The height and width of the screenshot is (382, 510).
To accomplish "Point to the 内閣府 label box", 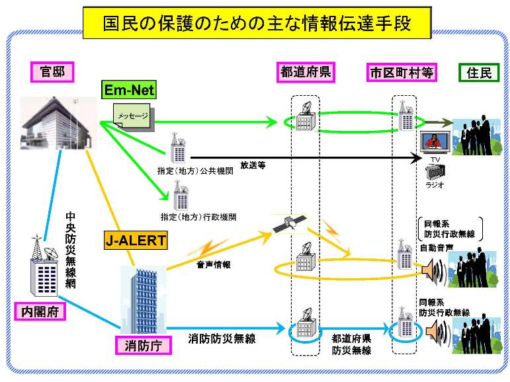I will pyautogui.click(x=40, y=311).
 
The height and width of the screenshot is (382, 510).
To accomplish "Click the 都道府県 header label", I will pyautogui.click(x=306, y=72).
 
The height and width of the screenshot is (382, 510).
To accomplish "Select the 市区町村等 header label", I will pyautogui.click(x=400, y=72).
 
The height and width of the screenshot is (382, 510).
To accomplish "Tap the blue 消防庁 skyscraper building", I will pyautogui.click(x=139, y=297).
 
